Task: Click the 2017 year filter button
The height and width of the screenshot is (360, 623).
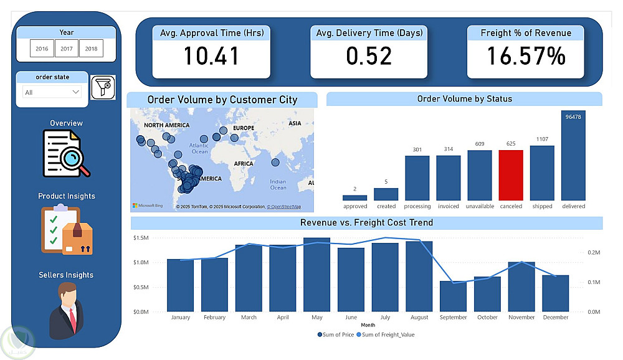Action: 67,49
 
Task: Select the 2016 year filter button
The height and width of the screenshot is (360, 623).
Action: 42,49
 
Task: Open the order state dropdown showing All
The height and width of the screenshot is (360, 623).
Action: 52,92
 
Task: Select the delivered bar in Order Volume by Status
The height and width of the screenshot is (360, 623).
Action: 573,155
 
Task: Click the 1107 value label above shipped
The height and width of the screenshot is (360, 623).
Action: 542,140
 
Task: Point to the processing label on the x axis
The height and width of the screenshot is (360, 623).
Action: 417,206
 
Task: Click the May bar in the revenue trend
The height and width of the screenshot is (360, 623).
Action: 316,274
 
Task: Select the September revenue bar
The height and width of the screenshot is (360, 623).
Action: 453,296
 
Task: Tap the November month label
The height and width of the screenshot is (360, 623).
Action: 521,318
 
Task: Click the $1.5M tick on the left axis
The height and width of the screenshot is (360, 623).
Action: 141,238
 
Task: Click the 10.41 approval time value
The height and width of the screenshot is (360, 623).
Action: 211,57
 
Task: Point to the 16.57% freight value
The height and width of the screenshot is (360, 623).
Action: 526,57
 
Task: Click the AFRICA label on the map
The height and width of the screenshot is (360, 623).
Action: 244,164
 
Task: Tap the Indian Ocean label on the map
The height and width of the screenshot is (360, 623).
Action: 278,184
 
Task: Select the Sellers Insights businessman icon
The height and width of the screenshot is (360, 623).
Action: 66,310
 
